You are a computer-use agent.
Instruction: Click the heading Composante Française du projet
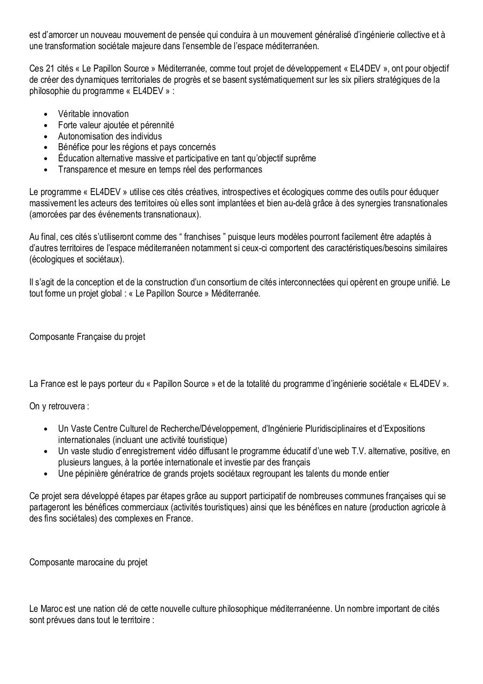tap(87, 337)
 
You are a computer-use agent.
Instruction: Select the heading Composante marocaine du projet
tap(88, 562)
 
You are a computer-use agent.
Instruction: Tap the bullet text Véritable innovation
tap(93, 114)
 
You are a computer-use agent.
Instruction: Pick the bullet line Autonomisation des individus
tap(109, 136)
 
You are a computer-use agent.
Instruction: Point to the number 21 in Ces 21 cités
tap(50, 69)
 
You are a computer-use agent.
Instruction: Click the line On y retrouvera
tap(59, 406)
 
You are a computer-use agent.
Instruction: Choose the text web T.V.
tap(335, 451)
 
